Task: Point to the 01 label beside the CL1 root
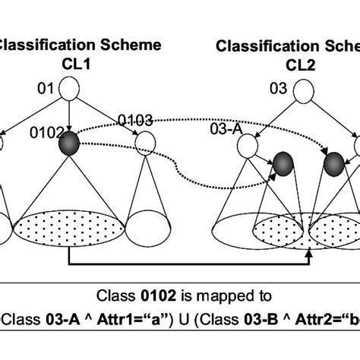click(x=46, y=91)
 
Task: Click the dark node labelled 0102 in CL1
click(x=70, y=141)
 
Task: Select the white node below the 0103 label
click(x=142, y=141)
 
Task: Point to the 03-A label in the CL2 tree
click(x=226, y=130)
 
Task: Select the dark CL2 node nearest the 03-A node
click(x=283, y=163)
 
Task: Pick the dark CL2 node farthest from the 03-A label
click(x=334, y=163)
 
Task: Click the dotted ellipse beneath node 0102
click(x=69, y=226)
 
